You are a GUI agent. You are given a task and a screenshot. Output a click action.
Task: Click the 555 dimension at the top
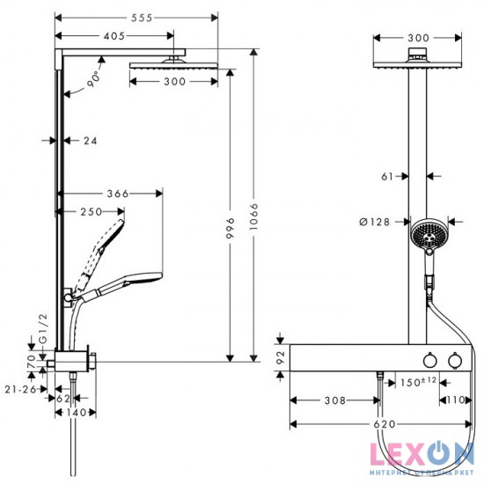pyautogui.click(x=137, y=17)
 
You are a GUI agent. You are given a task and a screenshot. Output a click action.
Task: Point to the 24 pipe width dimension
pyautogui.click(x=90, y=140)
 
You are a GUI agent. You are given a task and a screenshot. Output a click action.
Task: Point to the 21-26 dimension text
pyautogui.click(x=19, y=388)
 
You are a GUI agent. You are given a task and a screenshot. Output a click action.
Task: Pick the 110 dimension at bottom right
pyautogui.click(x=454, y=399)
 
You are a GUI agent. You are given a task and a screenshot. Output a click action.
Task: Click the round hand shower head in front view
pyautogui.click(x=429, y=235)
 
